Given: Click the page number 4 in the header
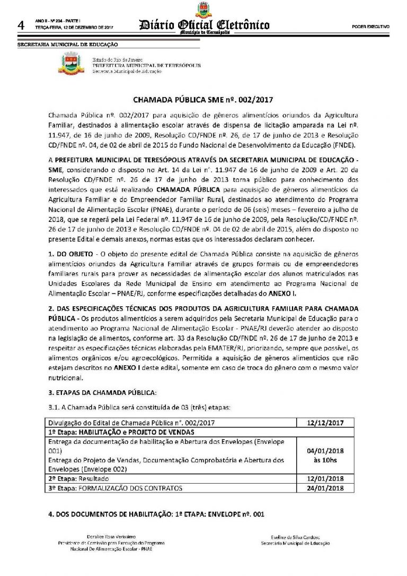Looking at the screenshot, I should pyautogui.click(x=22, y=25).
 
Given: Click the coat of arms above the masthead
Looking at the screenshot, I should pyautogui.click(x=203, y=10).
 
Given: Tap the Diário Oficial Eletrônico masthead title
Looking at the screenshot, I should pyautogui.click(x=203, y=25).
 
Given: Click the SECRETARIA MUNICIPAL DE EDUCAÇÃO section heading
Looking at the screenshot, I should pyautogui.click(x=68, y=45).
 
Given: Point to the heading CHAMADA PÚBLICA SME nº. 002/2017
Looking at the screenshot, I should pyautogui.click(x=203, y=99).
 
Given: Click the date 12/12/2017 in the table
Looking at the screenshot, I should pyautogui.click(x=326, y=423).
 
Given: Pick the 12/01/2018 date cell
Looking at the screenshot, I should pyautogui.click(x=326, y=479).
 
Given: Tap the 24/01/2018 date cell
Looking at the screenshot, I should pyautogui.click(x=326, y=487).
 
